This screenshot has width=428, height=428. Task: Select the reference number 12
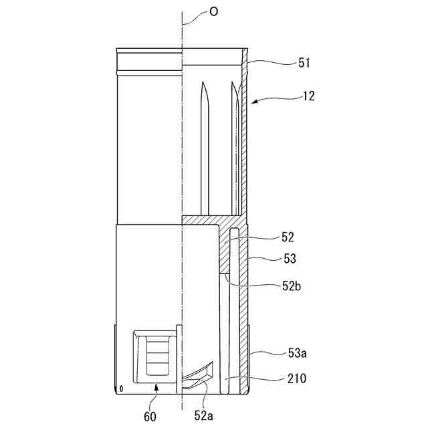[308, 96]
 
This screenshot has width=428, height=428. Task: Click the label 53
[289, 258]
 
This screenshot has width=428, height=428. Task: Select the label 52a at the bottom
[204, 415]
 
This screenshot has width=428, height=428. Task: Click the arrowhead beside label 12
[256, 102]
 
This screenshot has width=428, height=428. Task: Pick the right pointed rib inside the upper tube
[235, 147]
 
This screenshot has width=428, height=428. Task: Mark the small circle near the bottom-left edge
[121, 388]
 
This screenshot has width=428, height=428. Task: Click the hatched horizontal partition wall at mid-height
[211, 220]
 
